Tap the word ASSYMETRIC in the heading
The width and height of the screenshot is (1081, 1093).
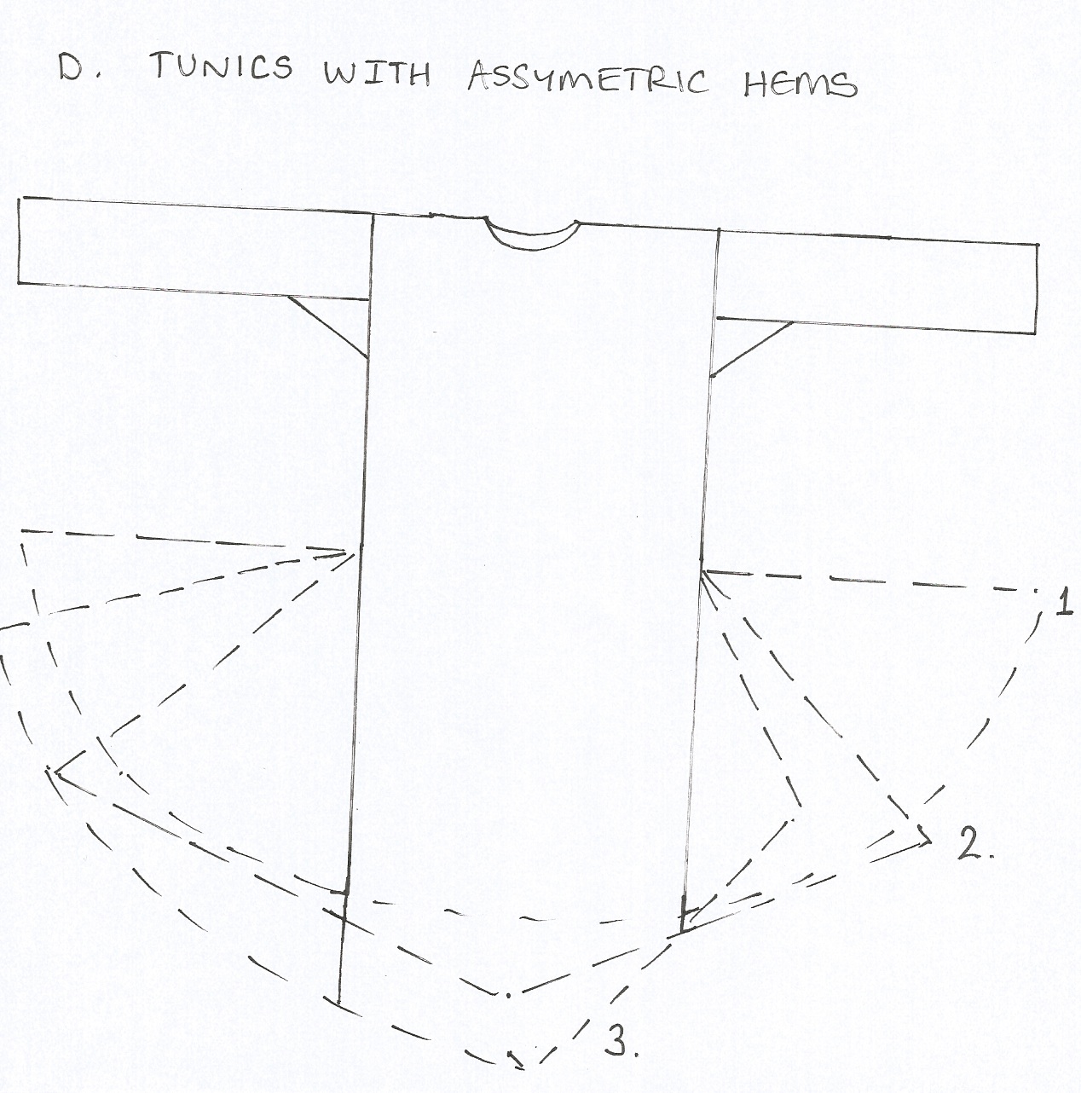point(587,81)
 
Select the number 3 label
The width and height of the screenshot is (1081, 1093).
point(620,1042)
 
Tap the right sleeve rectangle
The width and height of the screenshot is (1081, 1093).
point(878,281)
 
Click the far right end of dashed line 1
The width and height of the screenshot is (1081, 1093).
point(1038,591)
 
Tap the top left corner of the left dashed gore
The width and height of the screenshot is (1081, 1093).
point(22,533)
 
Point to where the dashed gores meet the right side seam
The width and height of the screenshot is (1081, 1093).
point(703,570)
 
